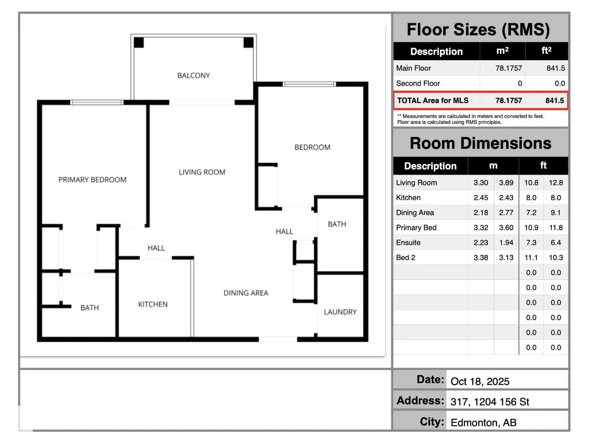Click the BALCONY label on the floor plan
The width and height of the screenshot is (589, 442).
pos(194,76)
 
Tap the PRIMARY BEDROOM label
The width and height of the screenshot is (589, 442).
pos(92,179)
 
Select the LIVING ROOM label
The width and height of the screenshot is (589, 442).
pos(202,172)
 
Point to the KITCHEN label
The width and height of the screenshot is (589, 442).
pos(153,304)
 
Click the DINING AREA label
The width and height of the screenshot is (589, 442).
pos(246,293)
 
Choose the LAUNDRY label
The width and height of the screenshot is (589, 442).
pos(340,312)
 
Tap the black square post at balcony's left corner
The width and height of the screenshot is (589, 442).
pos(139,42)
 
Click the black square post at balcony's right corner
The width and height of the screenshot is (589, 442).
pos(248,42)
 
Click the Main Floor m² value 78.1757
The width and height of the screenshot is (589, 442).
pos(508,68)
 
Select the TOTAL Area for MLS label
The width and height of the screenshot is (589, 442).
pos(433,100)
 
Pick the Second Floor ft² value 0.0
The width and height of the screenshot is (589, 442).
pos(560,84)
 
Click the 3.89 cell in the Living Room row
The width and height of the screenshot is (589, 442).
pos(506,183)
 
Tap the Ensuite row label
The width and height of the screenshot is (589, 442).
pos(408,243)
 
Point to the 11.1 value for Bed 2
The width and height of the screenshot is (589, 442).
pos(531,257)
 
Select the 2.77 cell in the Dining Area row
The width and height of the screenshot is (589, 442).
pos(506,213)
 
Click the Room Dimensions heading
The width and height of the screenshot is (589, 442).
pos(481,143)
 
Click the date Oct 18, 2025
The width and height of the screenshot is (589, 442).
pos(480,381)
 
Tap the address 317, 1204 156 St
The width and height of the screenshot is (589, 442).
pos(490,402)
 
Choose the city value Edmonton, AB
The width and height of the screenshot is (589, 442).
pos(484,423)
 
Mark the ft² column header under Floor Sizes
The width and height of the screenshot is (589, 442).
pos(546,50)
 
